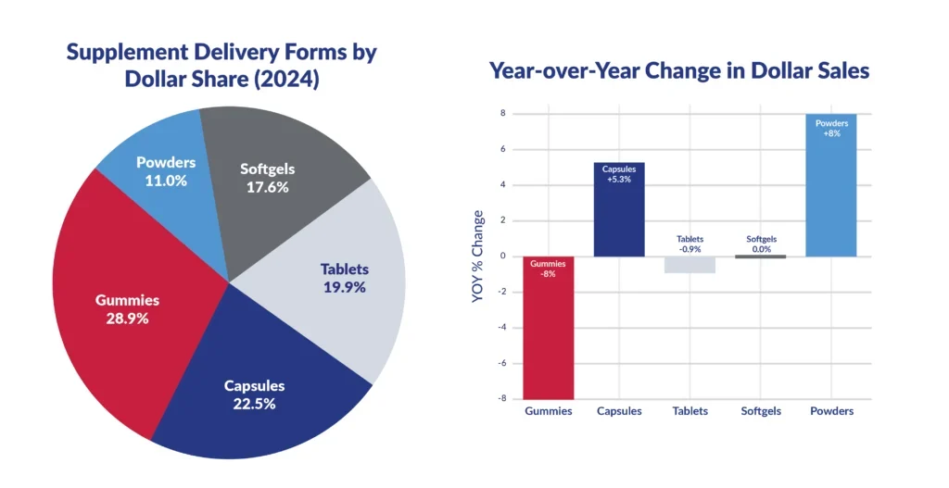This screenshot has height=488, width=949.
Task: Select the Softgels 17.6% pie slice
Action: (x=278, y=185)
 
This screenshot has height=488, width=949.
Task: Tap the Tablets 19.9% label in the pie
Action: (x=344, y=278)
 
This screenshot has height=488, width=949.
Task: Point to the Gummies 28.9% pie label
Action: (x=128, y=308)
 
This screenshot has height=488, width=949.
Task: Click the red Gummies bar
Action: (x=548, y=333)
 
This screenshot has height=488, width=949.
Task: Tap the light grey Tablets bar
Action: (x=690, y=265)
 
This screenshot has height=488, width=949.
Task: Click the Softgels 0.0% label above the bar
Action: (x=761, y=244)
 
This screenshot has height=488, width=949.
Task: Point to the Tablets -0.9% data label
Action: (x=690, y=244)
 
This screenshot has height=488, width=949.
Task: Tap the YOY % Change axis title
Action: (x=478, y=257)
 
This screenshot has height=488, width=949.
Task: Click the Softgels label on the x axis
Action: (x=761, y=411)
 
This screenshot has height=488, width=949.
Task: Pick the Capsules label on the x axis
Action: (x=619, y=411)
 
